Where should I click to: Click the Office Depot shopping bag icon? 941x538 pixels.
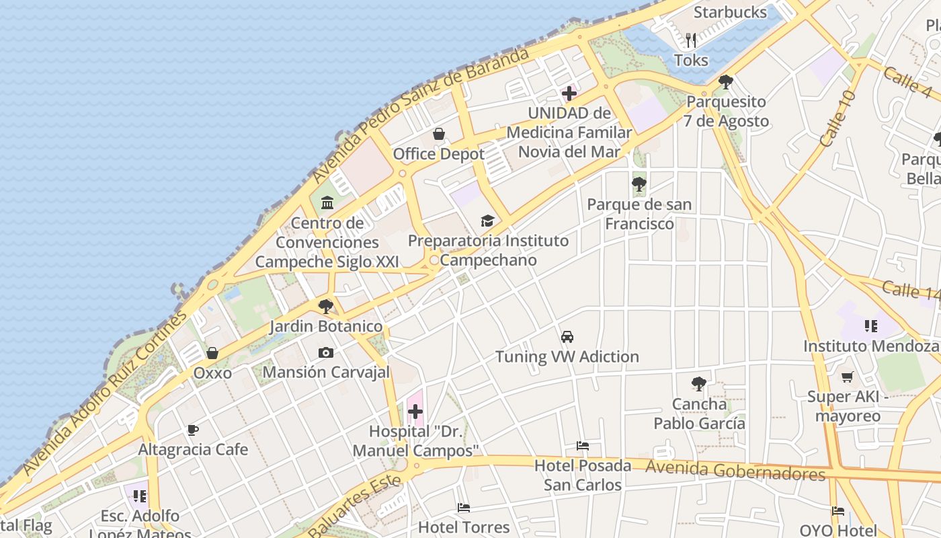[439, 134]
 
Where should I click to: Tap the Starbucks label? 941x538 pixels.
[730, 12]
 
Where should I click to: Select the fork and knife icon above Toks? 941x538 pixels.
[691, 40]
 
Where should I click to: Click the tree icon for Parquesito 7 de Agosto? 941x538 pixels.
[725, 82]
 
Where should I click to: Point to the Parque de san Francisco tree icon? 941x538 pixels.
[639, 184]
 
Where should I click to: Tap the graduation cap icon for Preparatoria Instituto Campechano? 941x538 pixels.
[487, 221]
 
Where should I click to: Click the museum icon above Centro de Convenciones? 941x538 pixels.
[327, 202]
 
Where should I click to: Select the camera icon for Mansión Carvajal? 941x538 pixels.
[326, 352]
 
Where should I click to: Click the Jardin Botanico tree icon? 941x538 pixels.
[326, 307]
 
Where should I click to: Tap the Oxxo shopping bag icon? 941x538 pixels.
[212, 353]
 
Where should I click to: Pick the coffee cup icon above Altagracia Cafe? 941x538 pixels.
[193, 430]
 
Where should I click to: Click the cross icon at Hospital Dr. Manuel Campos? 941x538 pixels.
[415, 412]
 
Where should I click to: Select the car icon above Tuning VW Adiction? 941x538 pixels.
[567, 337]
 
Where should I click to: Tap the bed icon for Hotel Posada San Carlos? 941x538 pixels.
[583, 446]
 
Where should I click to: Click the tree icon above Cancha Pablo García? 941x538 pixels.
[699, 384]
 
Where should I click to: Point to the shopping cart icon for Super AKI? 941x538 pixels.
[847, 377]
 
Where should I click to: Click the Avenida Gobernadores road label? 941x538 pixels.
[735, 471]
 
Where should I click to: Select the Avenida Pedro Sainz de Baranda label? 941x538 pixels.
[421, 116]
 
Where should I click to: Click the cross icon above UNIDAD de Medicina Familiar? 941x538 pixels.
[569, 93]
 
